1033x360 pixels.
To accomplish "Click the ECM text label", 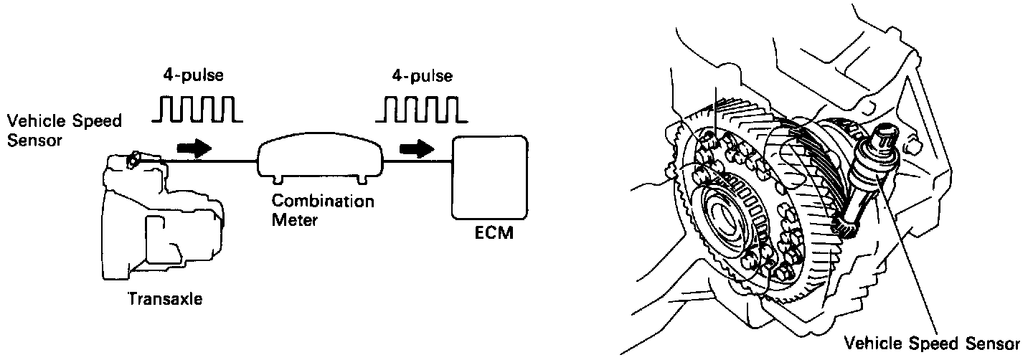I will pyautogui.click(x=494, y=235).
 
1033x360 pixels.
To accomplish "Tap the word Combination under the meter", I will pyautogui.click(x=323, y=202).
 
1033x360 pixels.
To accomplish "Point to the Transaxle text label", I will pyautogui.click(x=164, y=299).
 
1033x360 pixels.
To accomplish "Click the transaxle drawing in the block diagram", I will pyautogui.click(x=161, y=222).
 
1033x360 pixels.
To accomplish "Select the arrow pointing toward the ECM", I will pyautogui.click(x=418, y=148).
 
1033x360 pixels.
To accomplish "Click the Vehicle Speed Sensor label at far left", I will pyautogui.click(x=62, y=129).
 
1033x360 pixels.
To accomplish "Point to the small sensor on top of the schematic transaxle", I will pyautogui.click(x=133, y=161).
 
